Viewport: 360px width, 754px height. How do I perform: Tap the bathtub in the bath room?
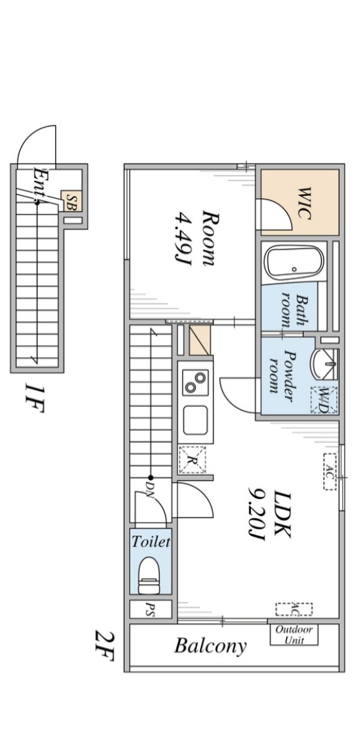[295, 263]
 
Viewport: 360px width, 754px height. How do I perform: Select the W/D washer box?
[324, 400]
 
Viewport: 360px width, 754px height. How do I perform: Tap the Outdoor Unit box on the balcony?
[294, 634]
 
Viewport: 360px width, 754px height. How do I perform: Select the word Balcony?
[210, 645]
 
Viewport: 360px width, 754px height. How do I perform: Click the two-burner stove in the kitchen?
[195, 383]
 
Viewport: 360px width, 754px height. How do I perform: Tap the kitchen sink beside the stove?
[196, 420]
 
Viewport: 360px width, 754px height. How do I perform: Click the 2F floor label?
[104, 646]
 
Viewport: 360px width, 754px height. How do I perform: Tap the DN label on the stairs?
[150, 490]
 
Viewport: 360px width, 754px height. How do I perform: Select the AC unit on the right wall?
[330, 471]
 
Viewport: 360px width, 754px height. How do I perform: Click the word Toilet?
[151, 542]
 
